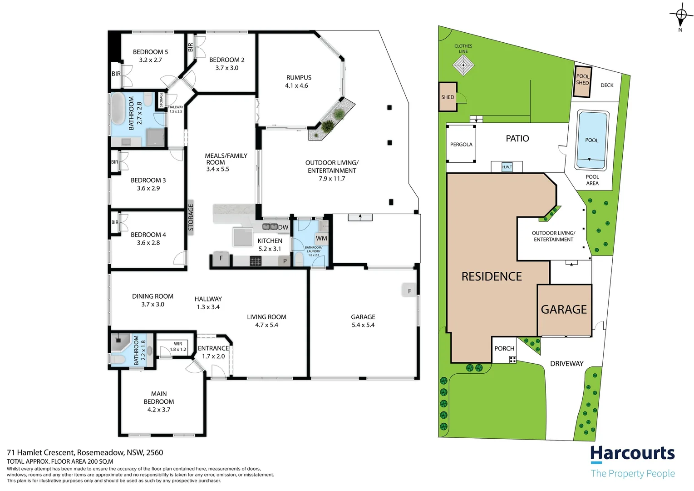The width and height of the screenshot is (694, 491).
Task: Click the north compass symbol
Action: [x=681, y=15]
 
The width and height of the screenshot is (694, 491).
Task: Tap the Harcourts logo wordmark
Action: [x=632, y=454]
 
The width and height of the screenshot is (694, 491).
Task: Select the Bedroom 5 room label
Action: [x=150, y=55]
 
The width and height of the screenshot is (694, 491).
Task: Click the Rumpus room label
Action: [x=298, y=81]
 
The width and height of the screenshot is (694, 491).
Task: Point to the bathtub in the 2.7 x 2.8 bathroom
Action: [x=118, y=109]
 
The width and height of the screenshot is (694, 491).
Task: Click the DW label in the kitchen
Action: [x=283, y=227]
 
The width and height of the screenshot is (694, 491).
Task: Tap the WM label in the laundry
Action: [x=321, y=238]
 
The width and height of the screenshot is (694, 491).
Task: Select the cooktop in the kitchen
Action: [x=256, y=261]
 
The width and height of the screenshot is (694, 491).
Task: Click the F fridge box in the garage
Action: [x=409, y=291]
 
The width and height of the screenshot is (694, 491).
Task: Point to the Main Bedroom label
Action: [x=159, y=401]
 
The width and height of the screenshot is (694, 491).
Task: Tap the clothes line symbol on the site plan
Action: [x=463, y=65]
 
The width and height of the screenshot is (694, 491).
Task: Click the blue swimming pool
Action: [x=592, y=140]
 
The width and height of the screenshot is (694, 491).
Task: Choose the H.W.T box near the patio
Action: [x=507, y=167]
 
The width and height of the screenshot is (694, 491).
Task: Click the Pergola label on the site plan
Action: [x=461, y=145]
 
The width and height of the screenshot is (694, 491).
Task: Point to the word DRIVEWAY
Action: [x=566, y=364]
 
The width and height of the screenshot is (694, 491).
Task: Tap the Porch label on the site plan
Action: [x=504, y=349]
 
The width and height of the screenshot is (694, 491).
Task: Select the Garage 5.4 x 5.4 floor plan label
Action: [x=363, y=321]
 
